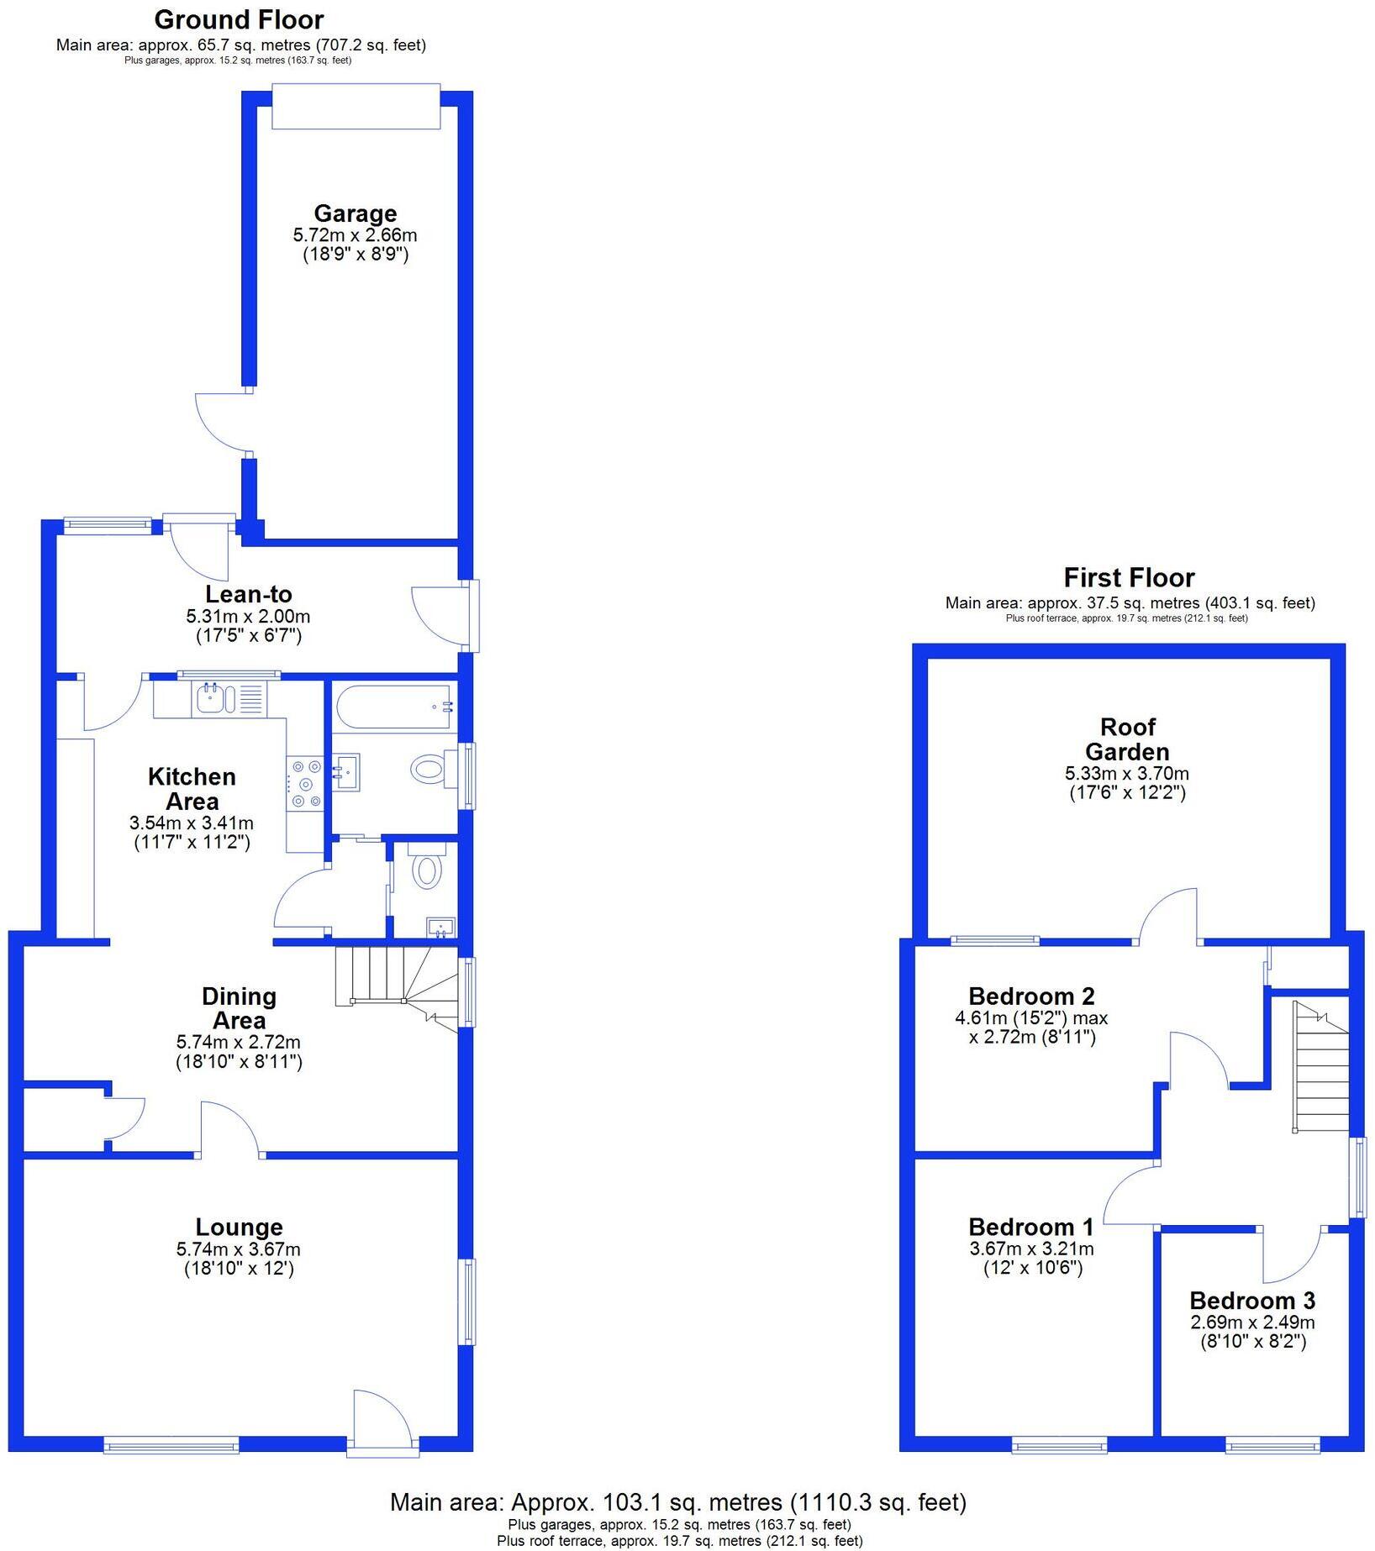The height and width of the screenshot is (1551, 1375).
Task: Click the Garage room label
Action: pyautogui.click(x=355, y=213)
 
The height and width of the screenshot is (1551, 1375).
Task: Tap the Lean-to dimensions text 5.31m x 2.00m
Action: pyautogui.click(x=248, y=616)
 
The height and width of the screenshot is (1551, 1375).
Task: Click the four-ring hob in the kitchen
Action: pyautogui.click(x=305, y=783)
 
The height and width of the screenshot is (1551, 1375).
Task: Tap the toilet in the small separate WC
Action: pyautogui.click(x=428, y=871)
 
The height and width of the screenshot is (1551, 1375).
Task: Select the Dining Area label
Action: pyautogui.click(x=239, y=1008)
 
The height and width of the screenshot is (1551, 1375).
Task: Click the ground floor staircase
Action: pyautogui.click(x=395, y=979)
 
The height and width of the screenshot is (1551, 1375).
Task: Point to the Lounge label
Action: pyautogui.click(x=239, y=1228)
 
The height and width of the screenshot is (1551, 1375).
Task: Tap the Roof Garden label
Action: pyautogui.click(x=1126, y=739)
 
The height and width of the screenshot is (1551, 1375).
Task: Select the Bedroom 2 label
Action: pyautogui.click(x=1031, y=996)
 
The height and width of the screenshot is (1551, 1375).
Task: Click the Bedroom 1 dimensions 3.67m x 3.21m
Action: pyautogui.click(x=1031, y=1249)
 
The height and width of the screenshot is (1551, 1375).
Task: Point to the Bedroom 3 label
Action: pyautogui.click(x=1251, y=1301)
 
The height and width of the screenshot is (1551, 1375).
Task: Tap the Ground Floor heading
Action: pyautogui.click(x=239, y=19)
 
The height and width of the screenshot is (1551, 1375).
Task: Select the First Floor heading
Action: pyautogui.click(x=1129, y=578)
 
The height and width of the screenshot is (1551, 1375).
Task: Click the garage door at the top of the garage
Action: pyautogui.click(x=356, y=107)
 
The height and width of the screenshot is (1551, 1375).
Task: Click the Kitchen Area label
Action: pyautogui.click(x=192, y=789)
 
